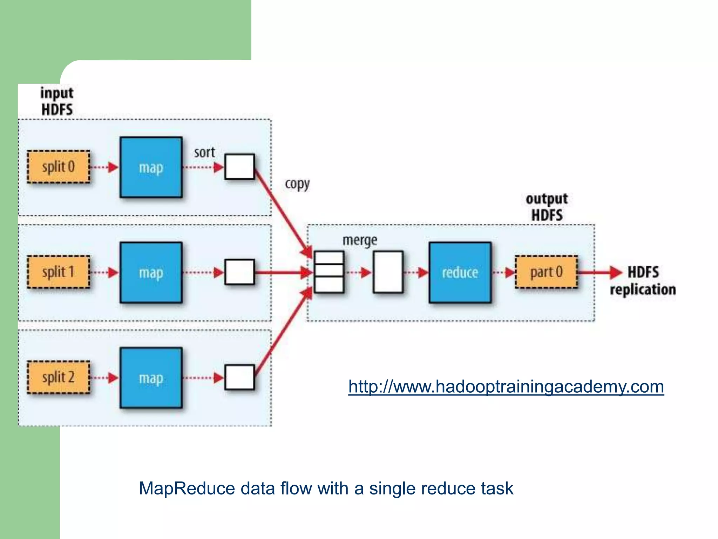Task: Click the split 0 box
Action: point(59,167)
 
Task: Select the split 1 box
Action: point(59,272)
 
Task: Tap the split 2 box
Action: point(59,378)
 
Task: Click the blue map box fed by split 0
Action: point(151,167)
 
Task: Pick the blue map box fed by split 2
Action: point(151,378)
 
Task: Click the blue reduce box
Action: point(460,273)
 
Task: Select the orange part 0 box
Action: point(546,272)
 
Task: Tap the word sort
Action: point(204,152)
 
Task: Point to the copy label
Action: point(297,184)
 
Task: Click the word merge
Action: point(360,240)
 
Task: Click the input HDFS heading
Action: point(57,101)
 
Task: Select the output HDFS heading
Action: point(547,207)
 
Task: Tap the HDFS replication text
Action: point(643,281)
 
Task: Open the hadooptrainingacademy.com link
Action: point(506,387)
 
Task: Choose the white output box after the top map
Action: point(239,167)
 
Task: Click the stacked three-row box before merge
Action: point(329,272)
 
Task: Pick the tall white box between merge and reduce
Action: point(388,272)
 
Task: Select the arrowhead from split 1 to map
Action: point(113,273)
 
